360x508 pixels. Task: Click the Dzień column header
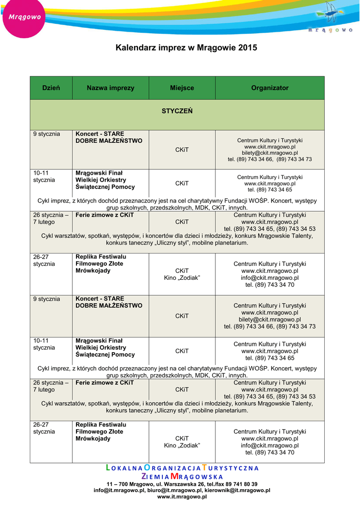[x=51, y=88]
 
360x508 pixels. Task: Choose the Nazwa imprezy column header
[x=110, y=88]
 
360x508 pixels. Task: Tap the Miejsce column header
[x=182, y=88]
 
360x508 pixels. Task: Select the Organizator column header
[x=270, y=88]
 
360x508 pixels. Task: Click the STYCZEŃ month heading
[x=177, y=111]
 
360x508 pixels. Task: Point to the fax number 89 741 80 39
[x=240, y=484]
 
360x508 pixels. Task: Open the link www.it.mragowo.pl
[x=182, y=496]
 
